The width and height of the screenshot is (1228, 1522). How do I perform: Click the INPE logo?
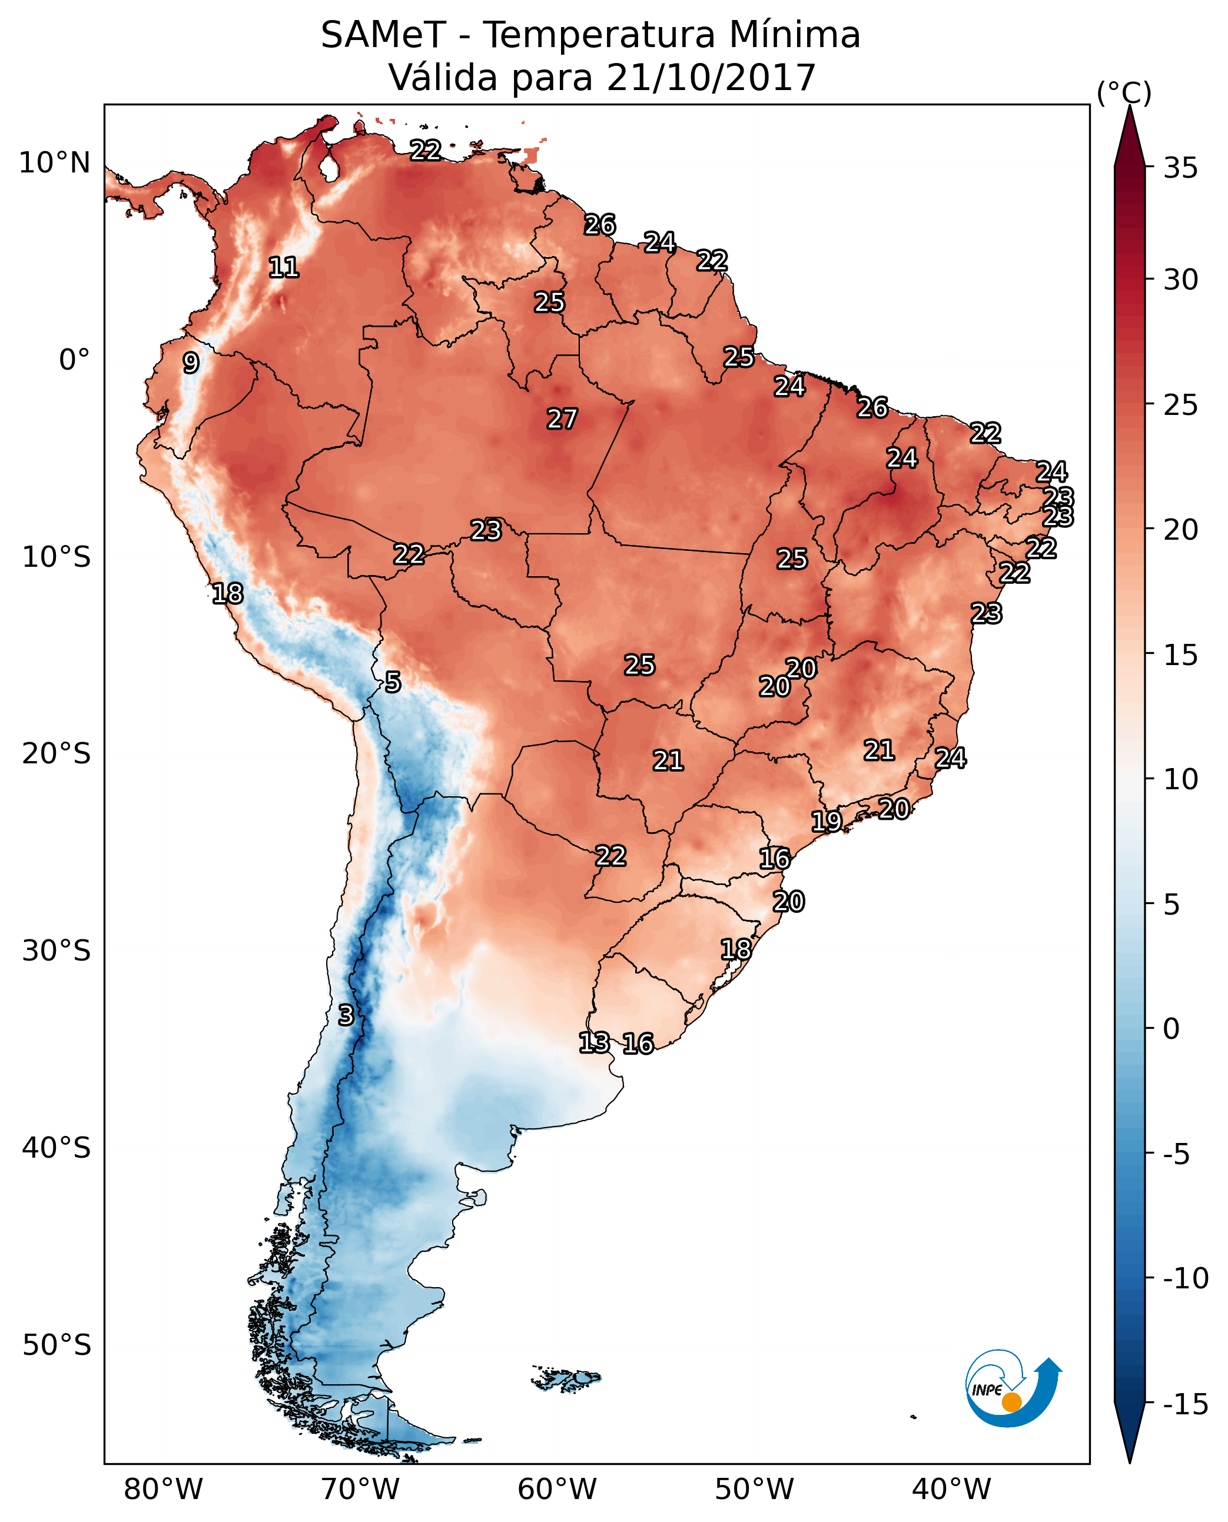(1013, 1389)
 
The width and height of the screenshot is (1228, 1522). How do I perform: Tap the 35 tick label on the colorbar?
(1180, 168)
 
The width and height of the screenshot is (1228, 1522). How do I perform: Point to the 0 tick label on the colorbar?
(1171, 1029)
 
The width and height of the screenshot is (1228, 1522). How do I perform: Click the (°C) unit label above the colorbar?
(1124, 92)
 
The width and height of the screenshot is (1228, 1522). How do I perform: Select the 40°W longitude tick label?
(951, 1489)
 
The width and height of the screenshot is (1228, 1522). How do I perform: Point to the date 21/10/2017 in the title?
(711, 78)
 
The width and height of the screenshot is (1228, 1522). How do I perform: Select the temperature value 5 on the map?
(393, 683)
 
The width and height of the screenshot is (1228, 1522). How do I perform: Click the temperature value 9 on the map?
(191, 363)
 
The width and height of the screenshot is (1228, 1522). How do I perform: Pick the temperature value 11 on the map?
(284, 267)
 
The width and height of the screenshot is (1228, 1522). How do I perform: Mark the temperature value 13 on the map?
(594, 1042)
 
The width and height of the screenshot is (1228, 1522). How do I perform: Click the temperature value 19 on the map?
(826, 821)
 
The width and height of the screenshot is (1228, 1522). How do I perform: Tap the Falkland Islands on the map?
(566, 1379)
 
